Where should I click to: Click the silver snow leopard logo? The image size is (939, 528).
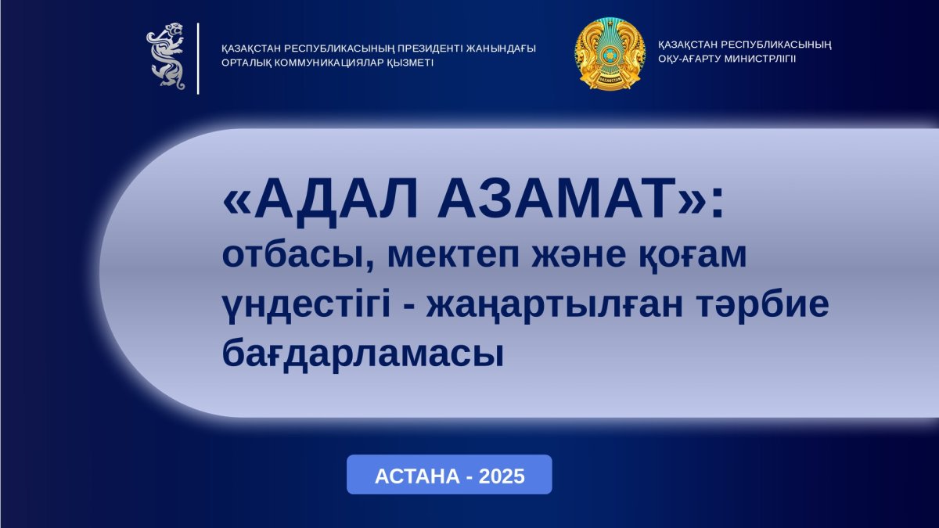pos(165,56)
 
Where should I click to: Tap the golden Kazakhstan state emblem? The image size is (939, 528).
pos(610,54)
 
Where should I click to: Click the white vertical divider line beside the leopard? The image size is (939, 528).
pos(198,58)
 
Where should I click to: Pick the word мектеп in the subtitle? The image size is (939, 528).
pos(454,256)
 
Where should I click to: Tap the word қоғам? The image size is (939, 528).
pos(693,256)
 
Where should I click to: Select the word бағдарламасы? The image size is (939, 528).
pos(362,353)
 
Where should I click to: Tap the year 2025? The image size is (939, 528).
pos(502,476)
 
